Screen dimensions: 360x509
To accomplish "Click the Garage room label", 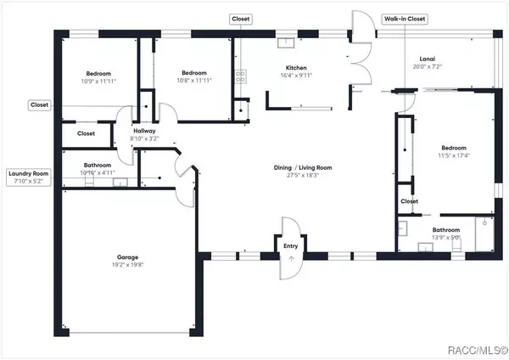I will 127,256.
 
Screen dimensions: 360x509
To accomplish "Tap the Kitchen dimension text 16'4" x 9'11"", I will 295,76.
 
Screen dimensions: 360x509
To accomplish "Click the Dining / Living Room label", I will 302,167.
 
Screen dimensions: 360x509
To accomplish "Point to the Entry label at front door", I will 291,247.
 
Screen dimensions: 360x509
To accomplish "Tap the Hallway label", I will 144,130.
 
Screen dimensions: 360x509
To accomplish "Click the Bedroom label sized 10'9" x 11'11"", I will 98,73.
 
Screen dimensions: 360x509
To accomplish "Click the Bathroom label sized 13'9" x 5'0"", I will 445,230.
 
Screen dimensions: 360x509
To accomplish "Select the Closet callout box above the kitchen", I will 241,18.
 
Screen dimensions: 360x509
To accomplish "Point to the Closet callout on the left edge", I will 39,105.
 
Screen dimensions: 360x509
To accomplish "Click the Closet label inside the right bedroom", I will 409,201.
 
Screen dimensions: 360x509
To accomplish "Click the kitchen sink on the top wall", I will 287,40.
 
